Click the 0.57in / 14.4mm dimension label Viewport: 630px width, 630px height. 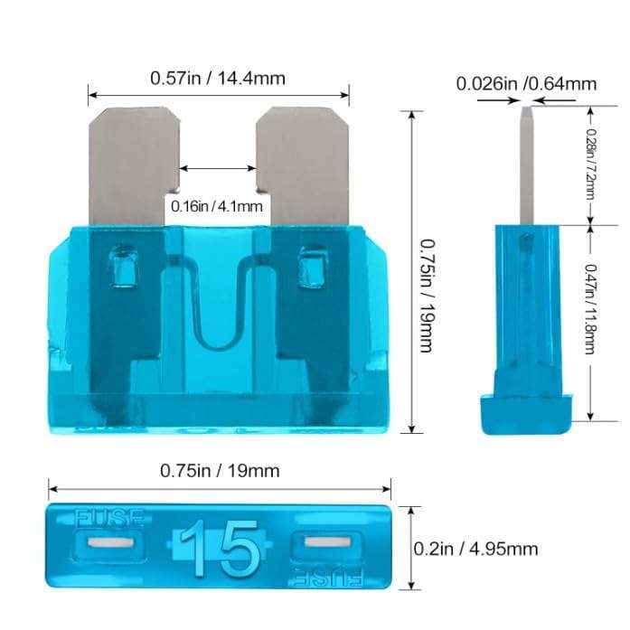[218, 79]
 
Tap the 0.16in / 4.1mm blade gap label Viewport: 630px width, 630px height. [218, 206]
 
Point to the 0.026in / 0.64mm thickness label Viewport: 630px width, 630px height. [526, 84]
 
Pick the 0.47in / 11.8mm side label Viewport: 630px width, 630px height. [591, 309]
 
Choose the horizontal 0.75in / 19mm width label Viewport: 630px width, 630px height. [220, 470]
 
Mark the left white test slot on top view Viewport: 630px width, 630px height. [112, 545]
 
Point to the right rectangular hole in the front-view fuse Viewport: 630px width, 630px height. [313, 269]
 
